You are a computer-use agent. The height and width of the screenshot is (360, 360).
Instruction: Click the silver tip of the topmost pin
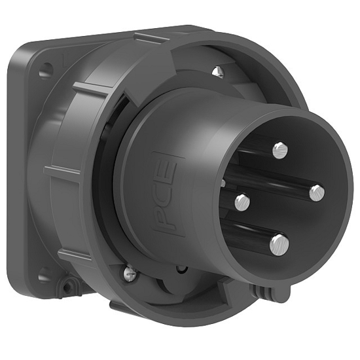280,151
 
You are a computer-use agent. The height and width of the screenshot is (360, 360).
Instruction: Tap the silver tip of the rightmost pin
317,192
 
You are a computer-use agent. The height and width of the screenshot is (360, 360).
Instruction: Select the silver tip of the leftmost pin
243,202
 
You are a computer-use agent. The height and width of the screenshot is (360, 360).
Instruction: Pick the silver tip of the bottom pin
279,245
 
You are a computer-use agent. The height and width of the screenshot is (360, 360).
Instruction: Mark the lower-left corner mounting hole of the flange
44,276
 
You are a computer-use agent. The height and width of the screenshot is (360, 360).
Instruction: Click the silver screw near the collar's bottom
131,270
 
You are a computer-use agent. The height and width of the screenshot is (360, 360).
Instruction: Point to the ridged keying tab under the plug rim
269,293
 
